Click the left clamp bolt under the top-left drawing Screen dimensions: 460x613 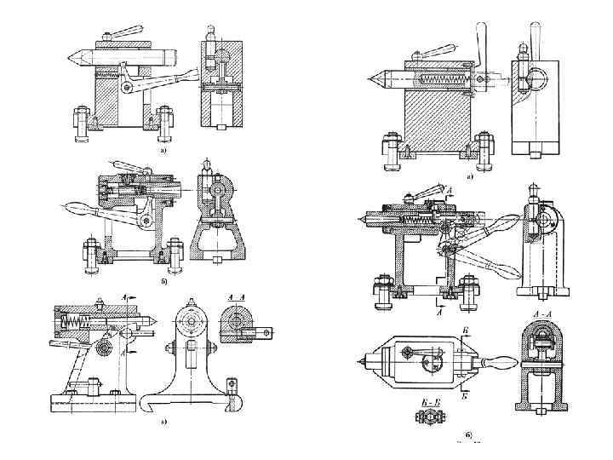pyautogui.click(x=83, y=119)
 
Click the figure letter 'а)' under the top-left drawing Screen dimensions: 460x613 pyautogui.click(x=163, y=150)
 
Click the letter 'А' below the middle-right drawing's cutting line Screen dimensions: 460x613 pyautogui.click(x=440, y=313)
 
